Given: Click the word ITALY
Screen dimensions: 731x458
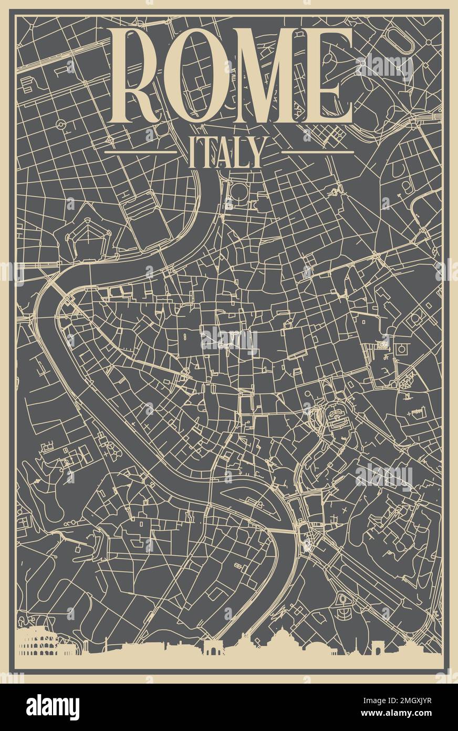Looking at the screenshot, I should [225, 153].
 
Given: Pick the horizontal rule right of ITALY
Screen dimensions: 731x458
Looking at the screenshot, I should [317, 152].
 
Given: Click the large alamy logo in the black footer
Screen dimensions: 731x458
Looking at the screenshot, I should [53, 707].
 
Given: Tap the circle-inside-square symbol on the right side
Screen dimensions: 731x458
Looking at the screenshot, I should [403, 348].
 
